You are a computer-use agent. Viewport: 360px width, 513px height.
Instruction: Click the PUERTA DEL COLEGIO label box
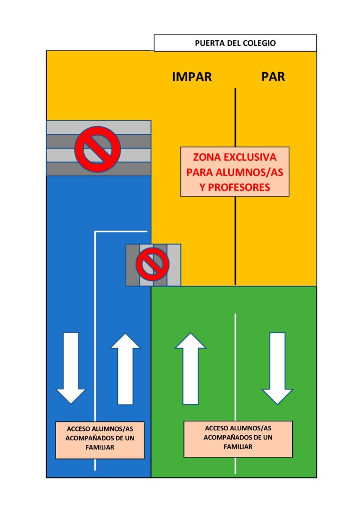[235, 43]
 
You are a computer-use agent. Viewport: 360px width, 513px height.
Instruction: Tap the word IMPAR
[192, 77]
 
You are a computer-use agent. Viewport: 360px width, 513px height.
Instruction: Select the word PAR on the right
[273, 77]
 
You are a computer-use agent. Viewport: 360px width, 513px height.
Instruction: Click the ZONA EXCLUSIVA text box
[235, 171]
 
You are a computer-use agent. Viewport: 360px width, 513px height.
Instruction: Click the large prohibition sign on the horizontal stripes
[97, 148]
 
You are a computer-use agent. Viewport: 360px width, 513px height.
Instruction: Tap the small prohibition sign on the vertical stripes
[152, 265]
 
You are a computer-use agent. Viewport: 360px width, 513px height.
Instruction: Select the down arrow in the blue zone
[71, 368]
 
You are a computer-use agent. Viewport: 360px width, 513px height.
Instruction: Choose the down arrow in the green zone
[277, 368]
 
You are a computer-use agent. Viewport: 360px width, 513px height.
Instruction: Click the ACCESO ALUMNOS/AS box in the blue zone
[100, 440]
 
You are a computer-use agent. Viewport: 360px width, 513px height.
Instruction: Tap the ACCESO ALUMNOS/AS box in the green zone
[238, 439]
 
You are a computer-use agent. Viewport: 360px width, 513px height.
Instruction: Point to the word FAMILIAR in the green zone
[238, 447]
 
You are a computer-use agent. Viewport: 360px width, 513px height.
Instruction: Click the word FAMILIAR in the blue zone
[100, 447]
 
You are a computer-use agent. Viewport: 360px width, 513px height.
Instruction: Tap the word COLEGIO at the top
[260, 43]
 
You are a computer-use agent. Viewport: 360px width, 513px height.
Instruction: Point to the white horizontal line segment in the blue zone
[120, 231]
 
